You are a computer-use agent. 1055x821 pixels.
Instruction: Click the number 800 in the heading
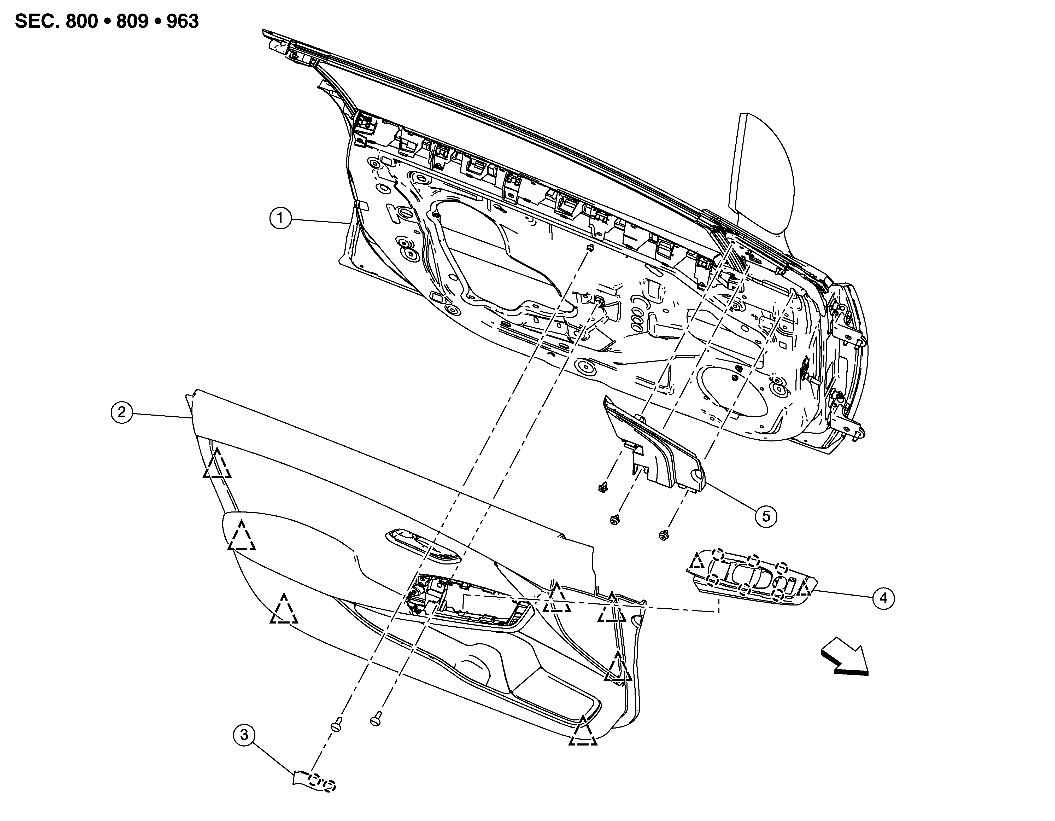tap(82, 22)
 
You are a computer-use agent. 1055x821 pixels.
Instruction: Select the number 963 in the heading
tap(183, 22)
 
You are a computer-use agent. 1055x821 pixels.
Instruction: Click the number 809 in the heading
tap(132, 22)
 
